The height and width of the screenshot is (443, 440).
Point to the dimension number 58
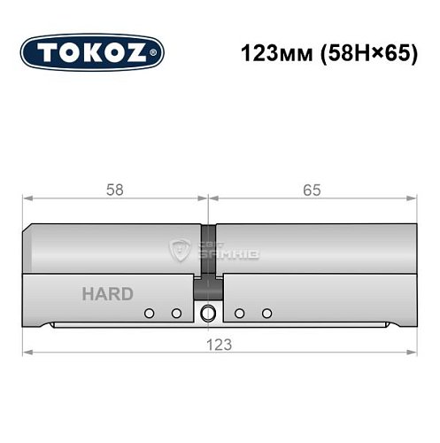point(112,190)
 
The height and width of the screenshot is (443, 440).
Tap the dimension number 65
point(310,190)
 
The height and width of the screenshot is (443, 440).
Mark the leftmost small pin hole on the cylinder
point(150,313)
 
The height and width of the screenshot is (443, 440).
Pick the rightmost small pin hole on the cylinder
point(267,313)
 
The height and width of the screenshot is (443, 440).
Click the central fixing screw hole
point(209,313)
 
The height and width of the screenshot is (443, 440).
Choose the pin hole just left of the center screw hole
point(176,313)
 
